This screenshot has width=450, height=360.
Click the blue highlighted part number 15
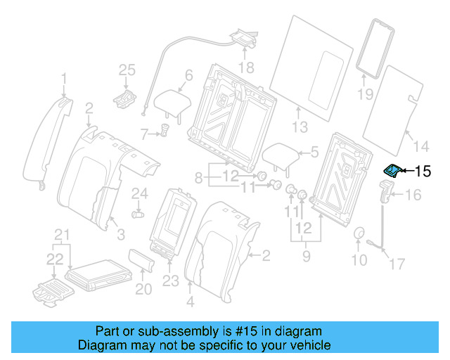pos(391,170)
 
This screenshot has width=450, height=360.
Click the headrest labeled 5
pos(282,155)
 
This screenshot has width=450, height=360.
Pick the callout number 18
pos(245,67)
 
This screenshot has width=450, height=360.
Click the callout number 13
pos(300,127)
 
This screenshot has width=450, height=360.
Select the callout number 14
pos(420,146)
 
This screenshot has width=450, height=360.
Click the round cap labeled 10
pos(359,236)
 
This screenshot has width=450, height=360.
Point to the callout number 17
pos(398,264)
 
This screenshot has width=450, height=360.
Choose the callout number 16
pos(413,195)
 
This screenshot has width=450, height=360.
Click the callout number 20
pos(143,289)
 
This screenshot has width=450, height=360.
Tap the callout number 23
pos(171,282)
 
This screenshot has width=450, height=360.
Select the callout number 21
pos(63,234)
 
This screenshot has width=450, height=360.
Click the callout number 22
pos(54,259)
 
